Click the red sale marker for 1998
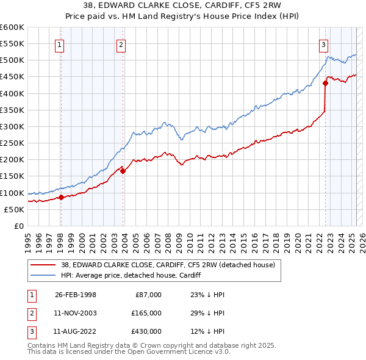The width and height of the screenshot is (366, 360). point(61,197)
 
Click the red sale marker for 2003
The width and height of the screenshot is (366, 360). point(123,171)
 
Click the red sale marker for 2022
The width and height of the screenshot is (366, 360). point(325,84)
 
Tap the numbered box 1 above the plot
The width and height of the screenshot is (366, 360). point(60,44)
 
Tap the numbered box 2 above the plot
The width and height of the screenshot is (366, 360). point(121,44)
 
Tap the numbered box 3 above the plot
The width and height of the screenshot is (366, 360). point(323,44)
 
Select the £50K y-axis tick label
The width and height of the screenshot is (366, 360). point(15,209)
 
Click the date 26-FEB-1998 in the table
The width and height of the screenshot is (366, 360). point(75,295)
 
